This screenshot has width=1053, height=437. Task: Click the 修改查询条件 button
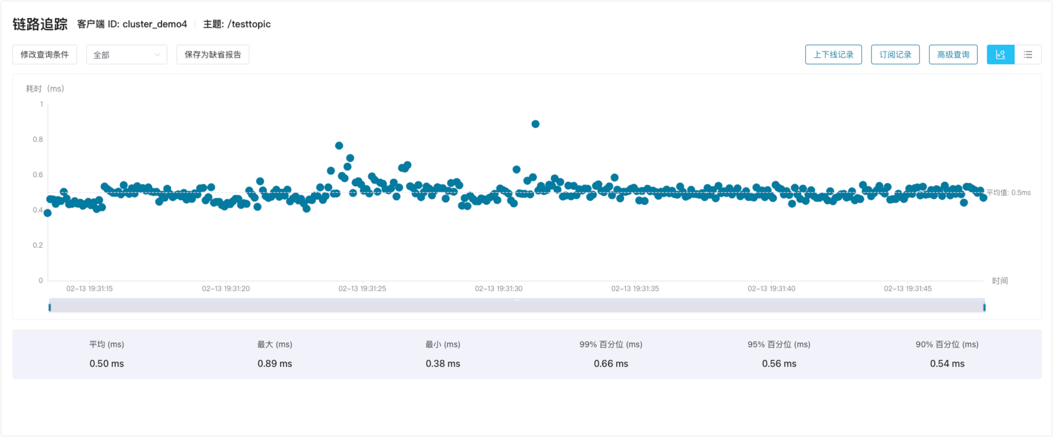45,54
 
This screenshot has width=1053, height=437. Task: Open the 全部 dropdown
127,54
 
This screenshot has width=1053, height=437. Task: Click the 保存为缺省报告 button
213,54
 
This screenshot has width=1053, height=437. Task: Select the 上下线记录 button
833,54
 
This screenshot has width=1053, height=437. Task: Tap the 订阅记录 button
895,54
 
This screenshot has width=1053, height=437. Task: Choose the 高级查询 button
953,54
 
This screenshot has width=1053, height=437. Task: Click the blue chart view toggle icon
1000,54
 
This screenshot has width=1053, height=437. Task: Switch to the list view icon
1028,54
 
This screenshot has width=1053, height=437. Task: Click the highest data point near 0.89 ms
535,124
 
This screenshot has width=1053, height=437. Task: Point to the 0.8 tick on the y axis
38,139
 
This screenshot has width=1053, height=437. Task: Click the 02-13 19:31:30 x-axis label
498,288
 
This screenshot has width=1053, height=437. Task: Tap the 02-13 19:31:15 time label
89,288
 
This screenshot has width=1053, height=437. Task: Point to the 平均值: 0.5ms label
1008,193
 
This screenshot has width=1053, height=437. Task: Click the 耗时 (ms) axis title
45,89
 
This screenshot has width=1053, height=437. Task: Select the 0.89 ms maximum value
275,363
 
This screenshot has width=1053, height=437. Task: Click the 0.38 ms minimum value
443,363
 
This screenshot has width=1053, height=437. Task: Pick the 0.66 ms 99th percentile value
611,363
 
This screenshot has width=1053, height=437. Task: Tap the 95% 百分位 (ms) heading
779,344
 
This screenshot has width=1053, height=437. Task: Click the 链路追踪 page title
40,24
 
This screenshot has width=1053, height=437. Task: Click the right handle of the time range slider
984,307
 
